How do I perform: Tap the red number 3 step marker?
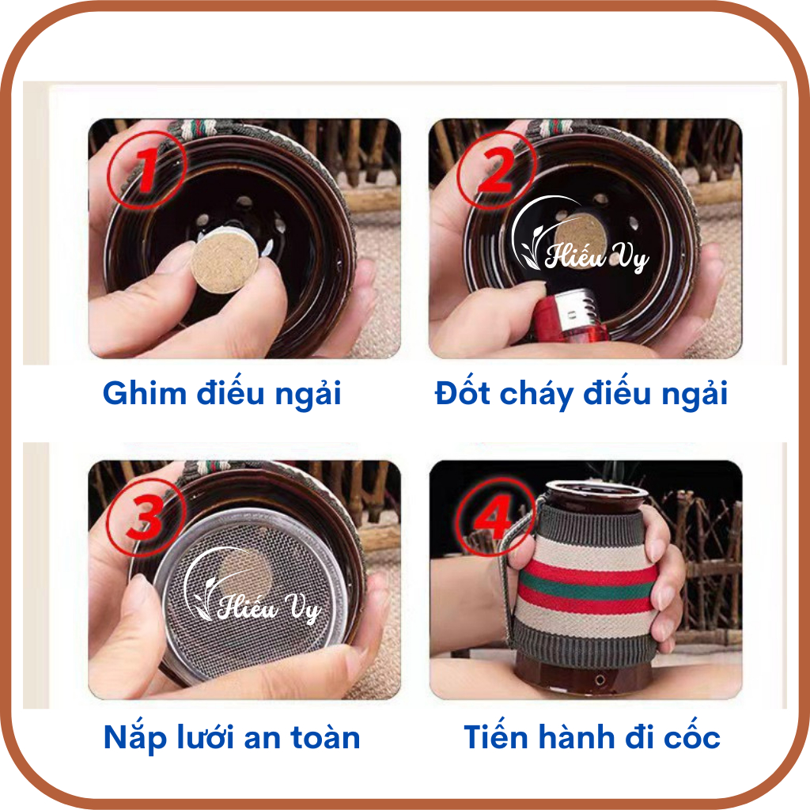[x=146, y=516]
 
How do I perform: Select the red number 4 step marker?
[x=496, y=516]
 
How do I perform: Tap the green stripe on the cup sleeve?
[x=586, y=588]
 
